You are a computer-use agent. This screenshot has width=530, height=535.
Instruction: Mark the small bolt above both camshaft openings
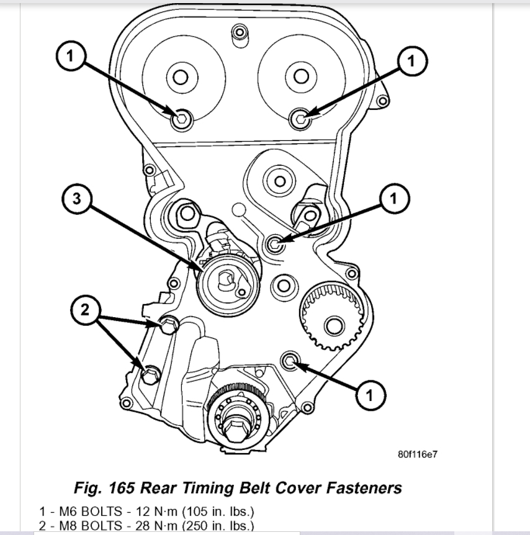238,31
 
